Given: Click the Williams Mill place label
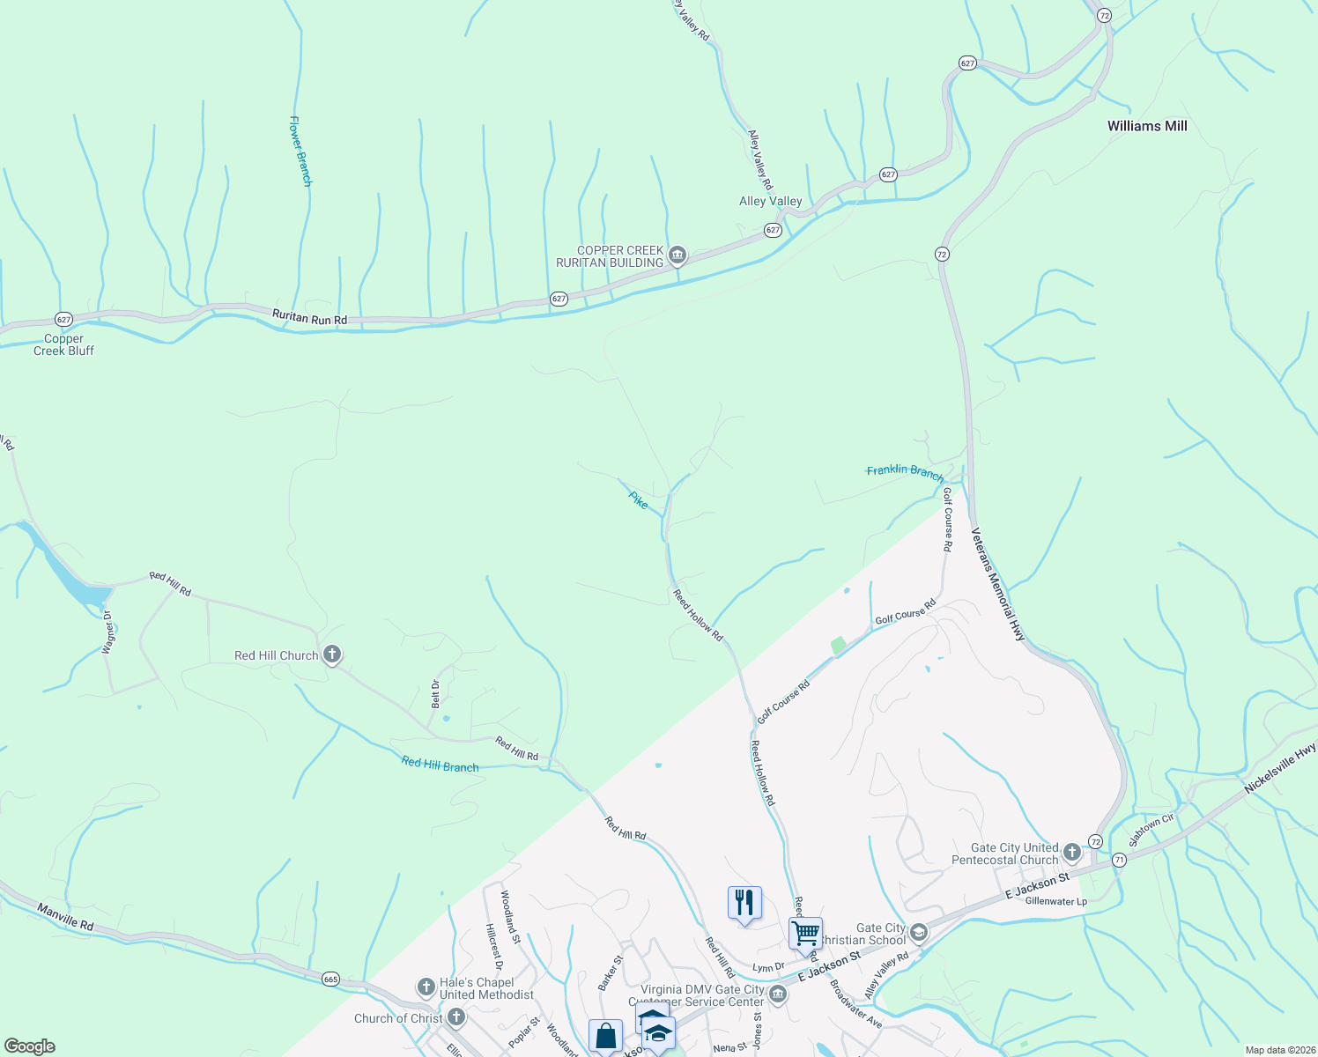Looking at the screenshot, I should pos(1147,126).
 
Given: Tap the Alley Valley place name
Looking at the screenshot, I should pos(770,201).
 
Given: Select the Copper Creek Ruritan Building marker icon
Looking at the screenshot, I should pos(678,256).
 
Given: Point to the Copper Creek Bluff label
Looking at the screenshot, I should pos(63,344).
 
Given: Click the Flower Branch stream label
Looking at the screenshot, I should pos(300,151).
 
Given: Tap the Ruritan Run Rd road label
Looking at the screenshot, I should pos(309,317).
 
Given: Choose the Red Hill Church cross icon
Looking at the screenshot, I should pos(332,654).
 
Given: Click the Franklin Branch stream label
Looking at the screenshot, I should pos(905,471).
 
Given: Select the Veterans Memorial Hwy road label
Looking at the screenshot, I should pos(999,584).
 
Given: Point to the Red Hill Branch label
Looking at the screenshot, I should pos(440,765).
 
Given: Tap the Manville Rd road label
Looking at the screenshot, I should pos(65,917).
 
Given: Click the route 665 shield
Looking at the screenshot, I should pos(330,979).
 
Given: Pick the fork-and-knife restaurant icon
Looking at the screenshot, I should pos(744,903).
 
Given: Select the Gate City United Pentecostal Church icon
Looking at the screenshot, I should pos(1072,852).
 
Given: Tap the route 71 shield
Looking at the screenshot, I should pos(1119,860).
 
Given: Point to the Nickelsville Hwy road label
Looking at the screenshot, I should pos(1279,768).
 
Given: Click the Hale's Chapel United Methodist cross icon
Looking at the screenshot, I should pos(426,986).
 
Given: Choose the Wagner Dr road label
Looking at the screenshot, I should pos(108,632).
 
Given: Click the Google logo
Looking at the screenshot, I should pos(30,1046).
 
